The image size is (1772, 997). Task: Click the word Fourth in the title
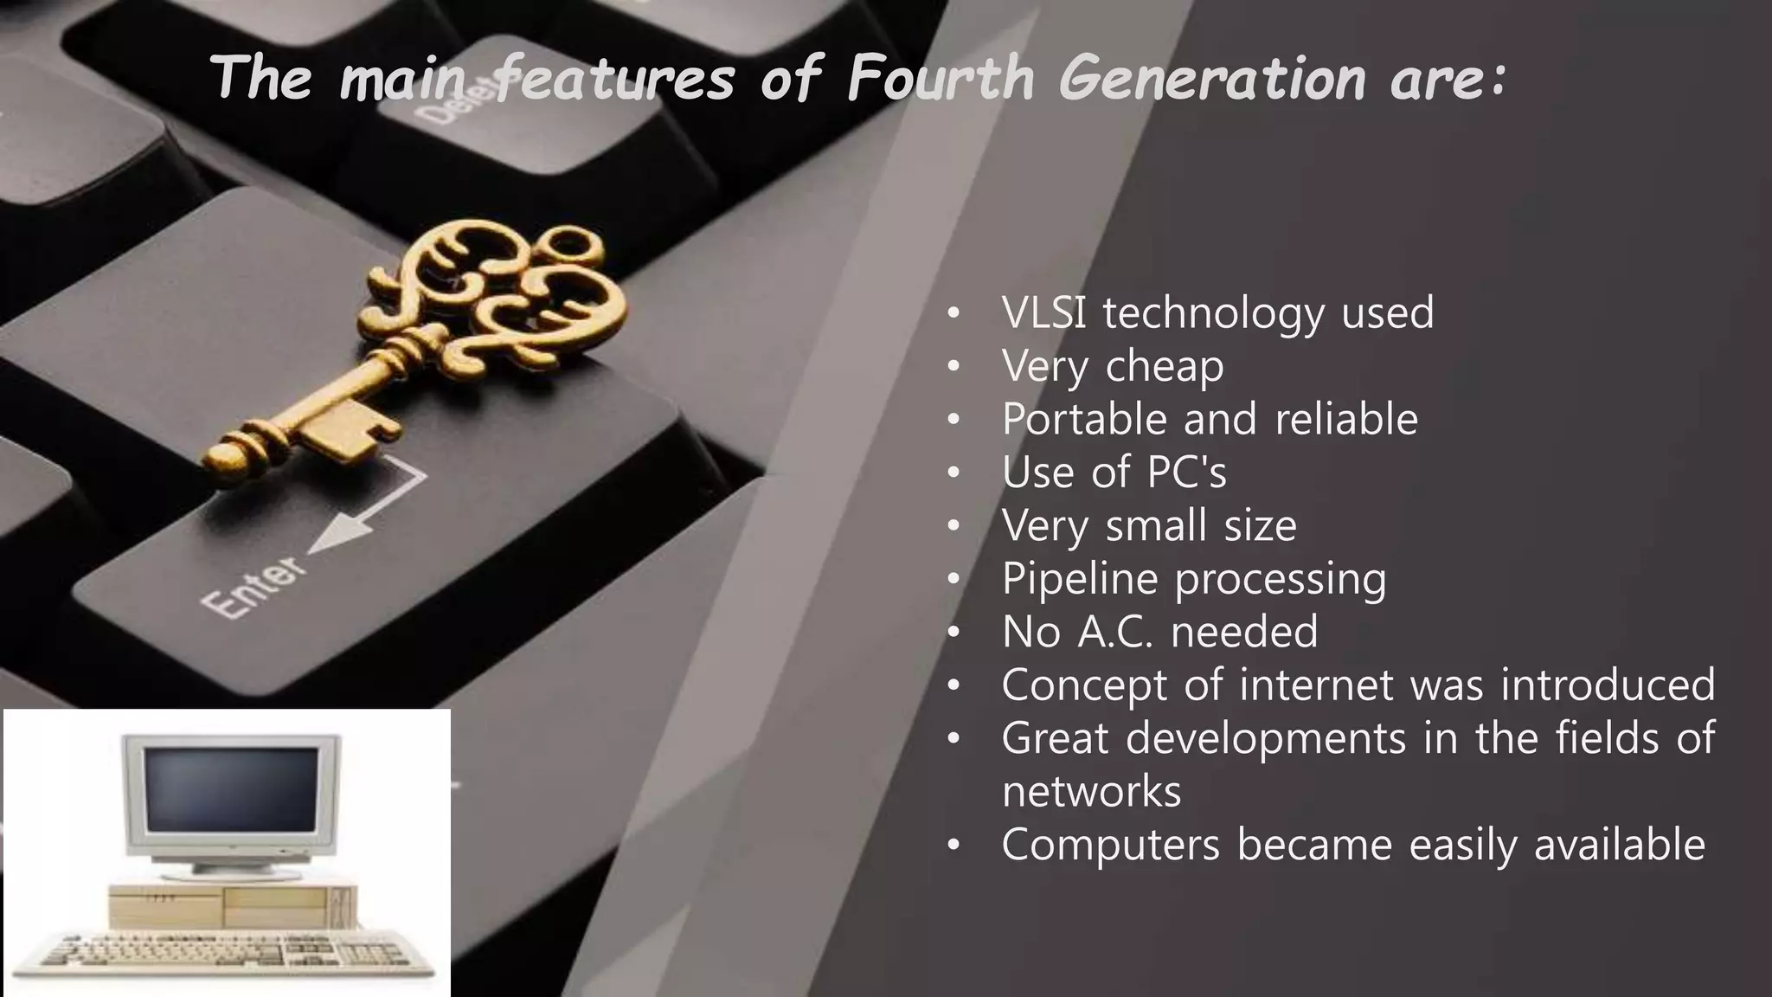tap(941, 78)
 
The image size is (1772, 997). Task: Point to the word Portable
tap(1085, 419)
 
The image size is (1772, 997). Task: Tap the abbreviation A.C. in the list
tap(1114, 631)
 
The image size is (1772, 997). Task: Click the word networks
tap(1091, 791)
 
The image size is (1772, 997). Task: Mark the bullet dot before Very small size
tap(953, 526)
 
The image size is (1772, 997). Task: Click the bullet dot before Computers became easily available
tap(953, 846)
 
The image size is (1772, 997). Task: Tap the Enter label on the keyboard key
tap(254, 586)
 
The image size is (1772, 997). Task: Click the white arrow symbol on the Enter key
tap(372, 511)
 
